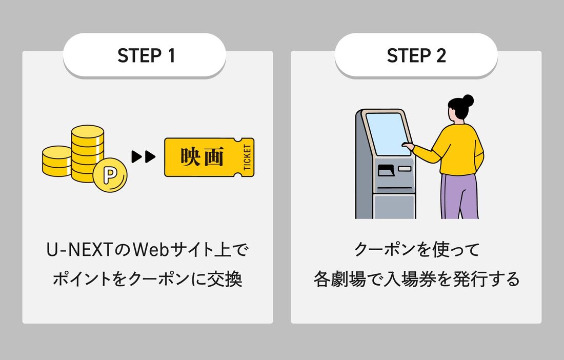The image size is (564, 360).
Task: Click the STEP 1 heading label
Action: coord(146,55)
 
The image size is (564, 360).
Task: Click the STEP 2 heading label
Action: coord(416,55)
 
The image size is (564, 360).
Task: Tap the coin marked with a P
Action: coord(110,175)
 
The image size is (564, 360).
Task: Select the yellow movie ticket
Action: coord(209,157)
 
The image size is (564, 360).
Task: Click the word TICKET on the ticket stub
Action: coord(247,157)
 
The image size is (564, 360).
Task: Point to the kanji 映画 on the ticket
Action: coord(202,156)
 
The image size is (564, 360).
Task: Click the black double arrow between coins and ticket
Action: coord(144,157)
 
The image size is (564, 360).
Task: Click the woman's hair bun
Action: coord(468,101)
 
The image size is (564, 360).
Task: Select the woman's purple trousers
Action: coord(459,196)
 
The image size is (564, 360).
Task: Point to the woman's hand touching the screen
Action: coord(408,145)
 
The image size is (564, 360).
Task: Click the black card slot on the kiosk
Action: coord(386,170)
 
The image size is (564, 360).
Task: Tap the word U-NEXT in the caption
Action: coord(80,250)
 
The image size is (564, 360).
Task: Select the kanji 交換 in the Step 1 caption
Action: coord(225,279)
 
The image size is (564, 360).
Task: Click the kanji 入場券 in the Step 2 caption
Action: coord(409,279)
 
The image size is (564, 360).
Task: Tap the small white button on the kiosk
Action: coord(405,168)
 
